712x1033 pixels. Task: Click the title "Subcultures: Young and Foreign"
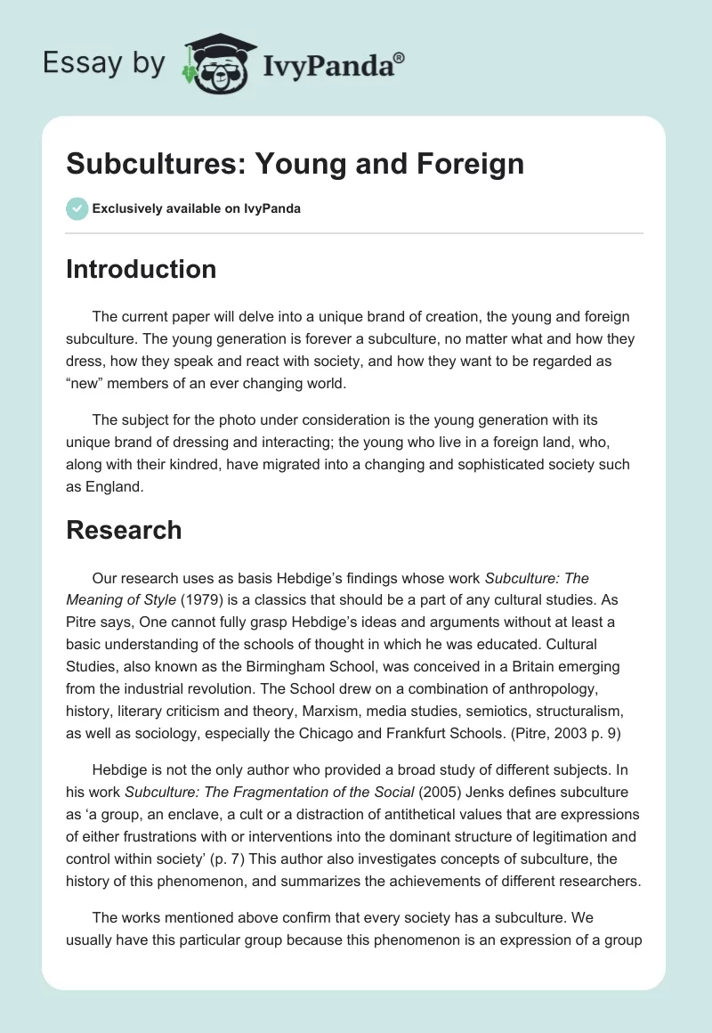[295, 164]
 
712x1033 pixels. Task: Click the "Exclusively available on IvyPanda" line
[197, 208]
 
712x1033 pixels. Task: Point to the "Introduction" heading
[141, 269]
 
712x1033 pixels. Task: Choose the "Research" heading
[124, 530]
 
